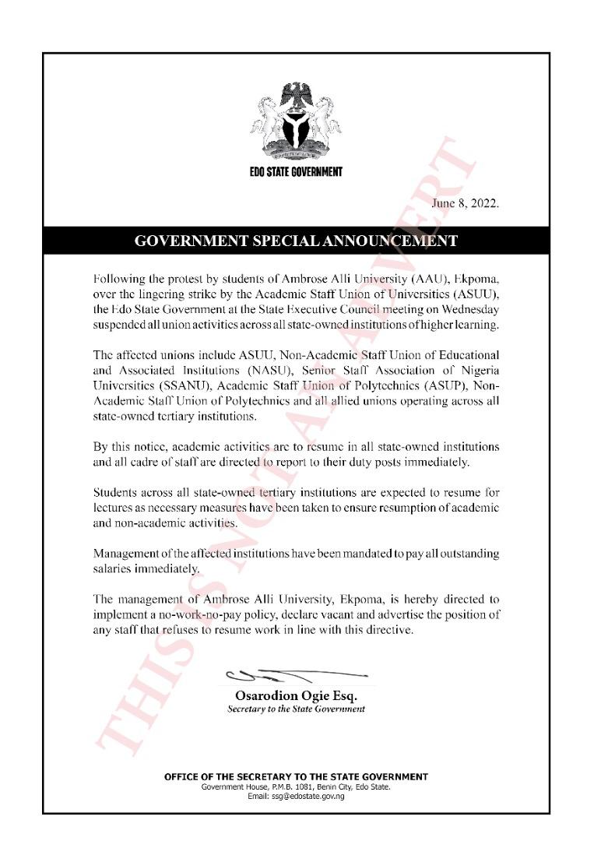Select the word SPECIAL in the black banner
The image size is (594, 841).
(x=279, y=241)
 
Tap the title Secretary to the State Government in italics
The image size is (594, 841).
(x=296, y=709)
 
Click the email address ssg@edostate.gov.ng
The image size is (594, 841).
(x=296, y=796)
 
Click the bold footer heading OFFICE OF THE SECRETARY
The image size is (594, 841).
(x=296, y=776)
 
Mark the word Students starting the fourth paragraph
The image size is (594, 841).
(x=116, y=494)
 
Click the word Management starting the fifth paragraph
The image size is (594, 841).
(x=125, y=554)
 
